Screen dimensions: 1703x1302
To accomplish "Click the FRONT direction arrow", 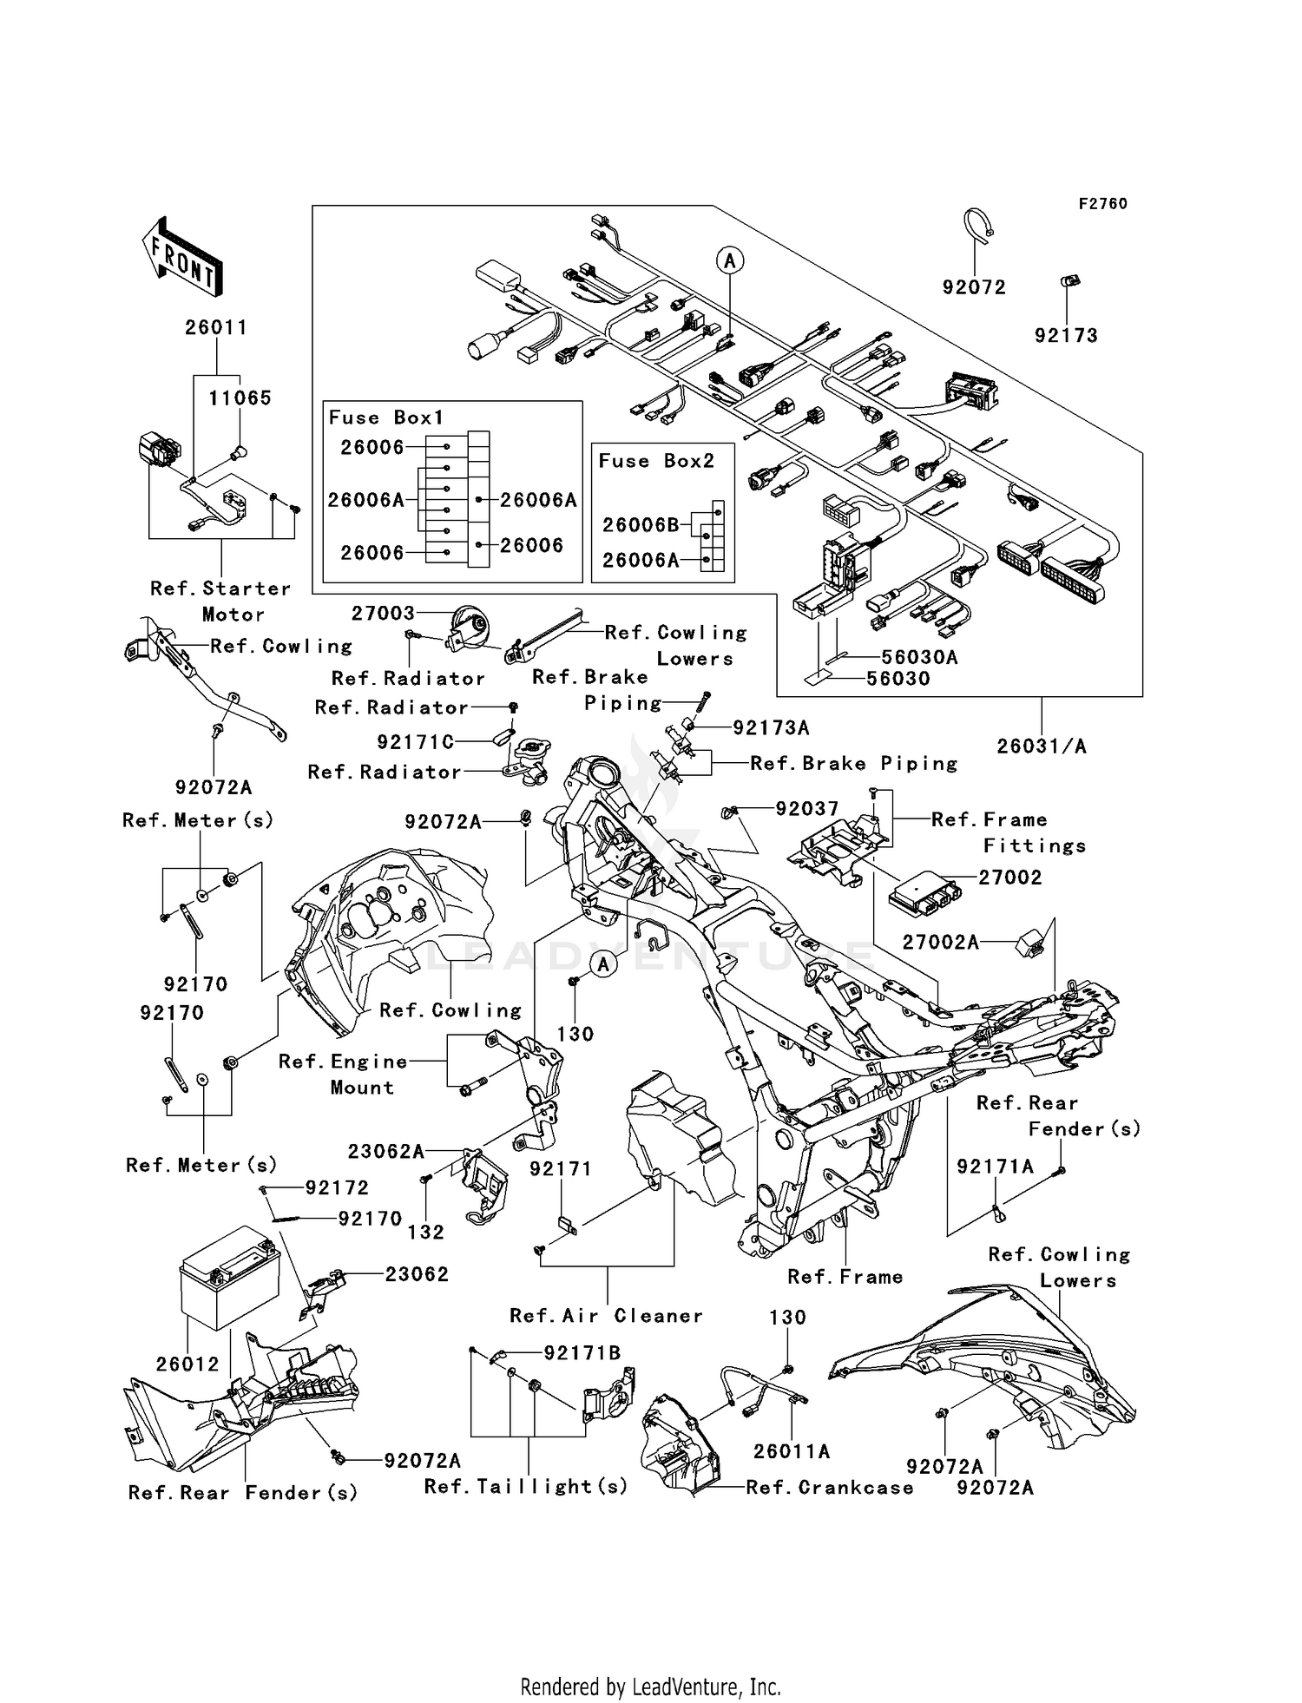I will click(x=182, y=258).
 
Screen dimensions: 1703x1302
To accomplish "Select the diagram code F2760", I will click(x=1102, y=204).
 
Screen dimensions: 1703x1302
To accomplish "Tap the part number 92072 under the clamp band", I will click(x=974, y=287).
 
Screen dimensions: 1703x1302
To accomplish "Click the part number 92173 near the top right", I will click(x=1066, y=336).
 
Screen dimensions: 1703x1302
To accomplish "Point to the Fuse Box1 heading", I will click(x=385, y=418).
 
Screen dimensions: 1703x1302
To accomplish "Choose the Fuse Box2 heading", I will click(x=656, y=461).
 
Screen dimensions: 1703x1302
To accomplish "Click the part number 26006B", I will click(x=641, y=525).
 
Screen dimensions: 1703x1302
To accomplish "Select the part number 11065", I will click(x=240, y=398).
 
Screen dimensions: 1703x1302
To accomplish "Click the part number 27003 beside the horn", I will click(x=383, y=614).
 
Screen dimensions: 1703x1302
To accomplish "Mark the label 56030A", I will click(x=919, y=657).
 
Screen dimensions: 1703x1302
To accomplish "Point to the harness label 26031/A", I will click(x=1041, y=746).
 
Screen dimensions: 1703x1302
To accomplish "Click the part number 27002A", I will click(x=940, y=943).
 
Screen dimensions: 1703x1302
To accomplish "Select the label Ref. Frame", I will click(x=845, y=1277).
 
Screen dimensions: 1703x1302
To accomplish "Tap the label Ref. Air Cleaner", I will click(x=606, y=1316).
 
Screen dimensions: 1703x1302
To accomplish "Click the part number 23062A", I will click(x=386, y=1152).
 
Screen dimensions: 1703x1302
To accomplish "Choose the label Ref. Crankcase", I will click(x=829, y=1488).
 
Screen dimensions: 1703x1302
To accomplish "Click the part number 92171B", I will click(x=582, y=1353).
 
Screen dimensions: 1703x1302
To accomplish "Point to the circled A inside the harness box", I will click(x=730, y=260).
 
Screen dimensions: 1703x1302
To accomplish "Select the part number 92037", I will click(x=806, y=809).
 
